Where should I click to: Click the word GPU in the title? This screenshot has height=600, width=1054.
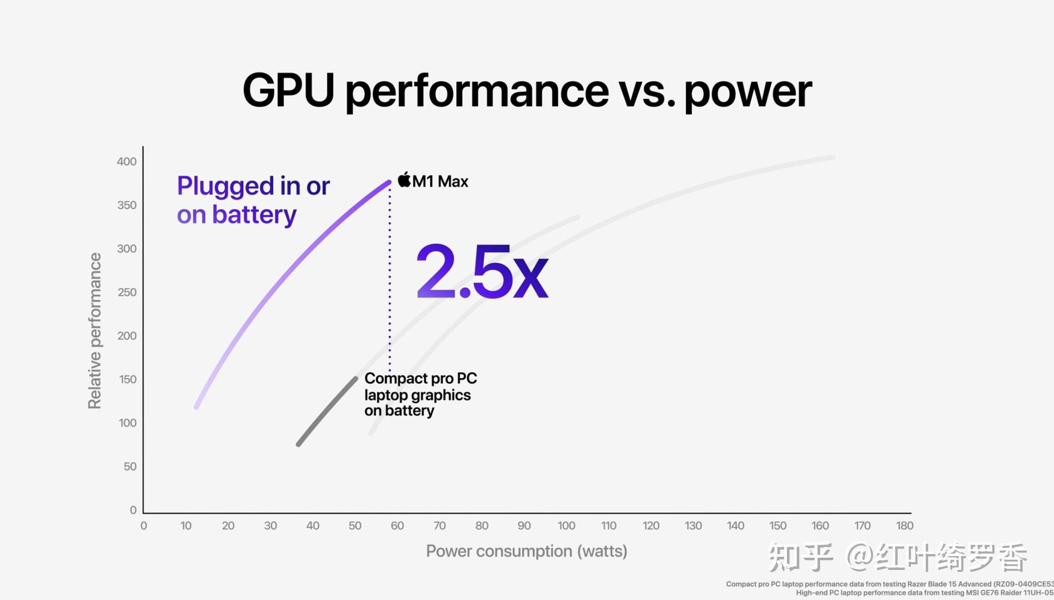point(288,90)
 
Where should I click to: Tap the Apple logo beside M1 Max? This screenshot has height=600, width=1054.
point(404,180)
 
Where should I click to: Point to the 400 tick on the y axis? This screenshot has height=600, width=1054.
point(126,162)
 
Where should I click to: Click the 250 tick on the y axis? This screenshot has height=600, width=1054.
point(126,292)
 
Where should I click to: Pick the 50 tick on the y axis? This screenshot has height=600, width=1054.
point(129,466)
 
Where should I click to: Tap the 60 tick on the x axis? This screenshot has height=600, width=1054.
point(397,526)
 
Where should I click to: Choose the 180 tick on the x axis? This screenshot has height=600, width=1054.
point(904,526)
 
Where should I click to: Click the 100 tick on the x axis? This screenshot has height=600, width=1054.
point(566,526)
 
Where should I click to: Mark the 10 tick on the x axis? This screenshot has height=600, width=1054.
point(186,526)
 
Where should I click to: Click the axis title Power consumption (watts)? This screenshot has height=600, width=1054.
point(526,551)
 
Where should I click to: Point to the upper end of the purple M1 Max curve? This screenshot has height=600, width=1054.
point(388,182)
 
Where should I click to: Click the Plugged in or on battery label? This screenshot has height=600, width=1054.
point(253,200)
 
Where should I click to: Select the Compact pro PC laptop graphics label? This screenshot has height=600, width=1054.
point(420,395)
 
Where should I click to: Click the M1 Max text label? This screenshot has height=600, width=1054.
point(440,181)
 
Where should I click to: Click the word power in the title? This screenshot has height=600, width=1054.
point(747,92)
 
